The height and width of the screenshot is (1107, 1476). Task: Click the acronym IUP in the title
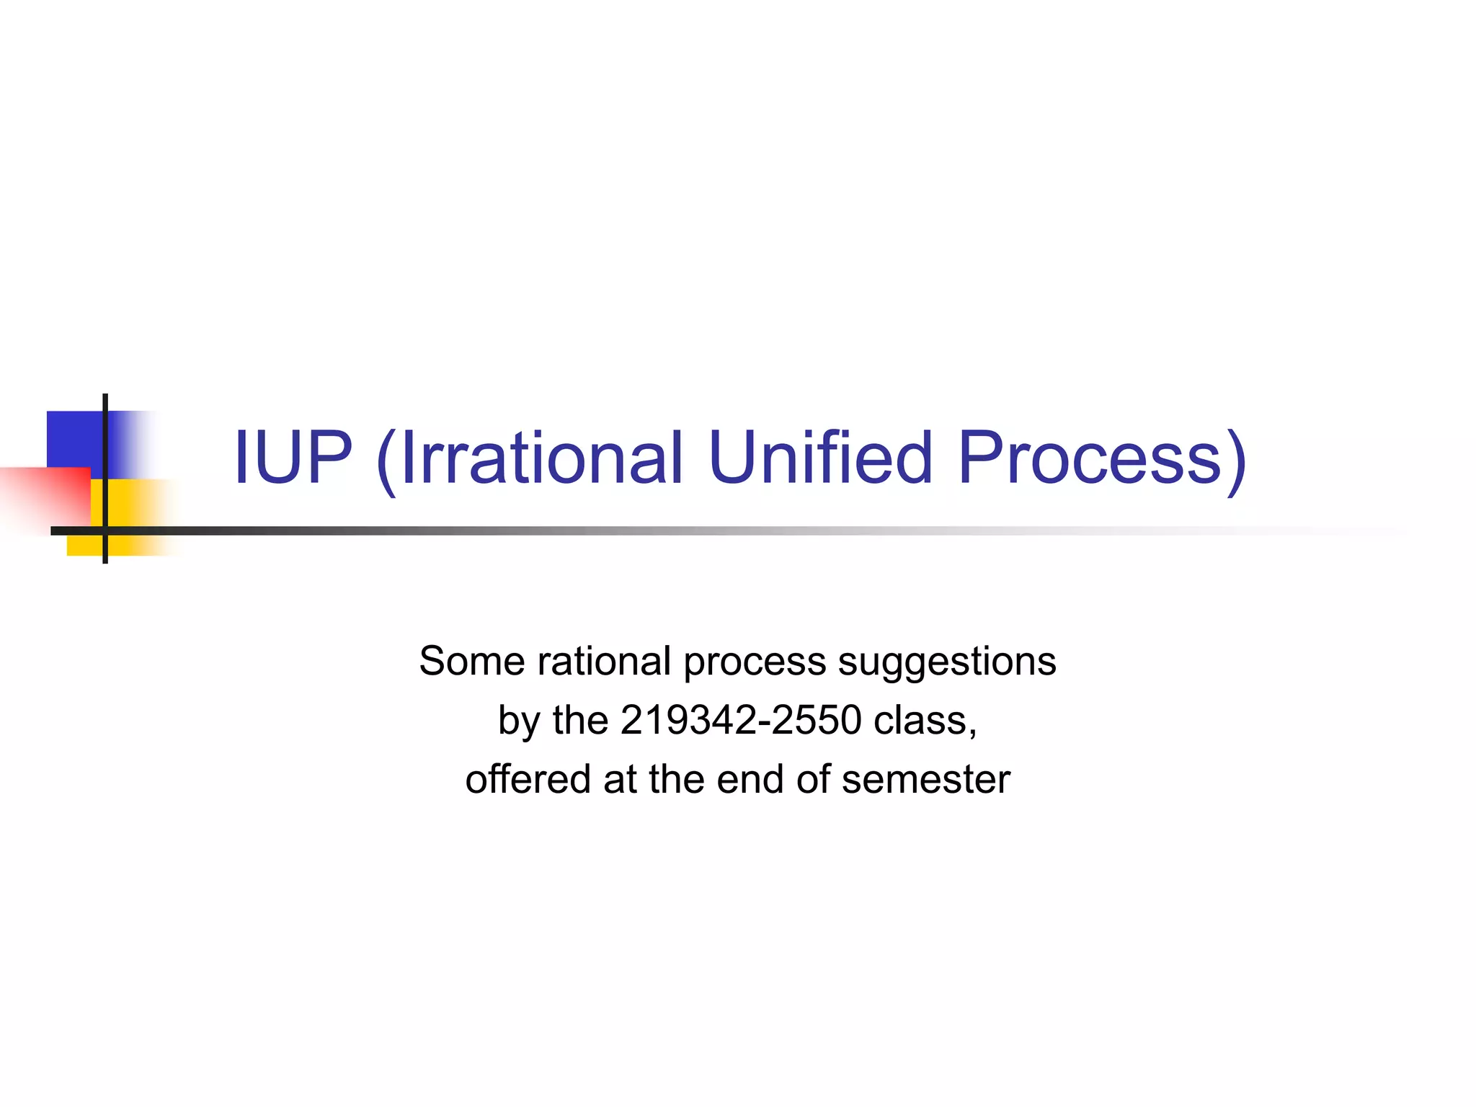293,458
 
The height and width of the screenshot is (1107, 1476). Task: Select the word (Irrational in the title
529,459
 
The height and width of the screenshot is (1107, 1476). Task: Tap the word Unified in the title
821,458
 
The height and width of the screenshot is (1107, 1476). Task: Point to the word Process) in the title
1101,459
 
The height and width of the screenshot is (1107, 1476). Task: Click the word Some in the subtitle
472,661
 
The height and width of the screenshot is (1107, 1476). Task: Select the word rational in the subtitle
605,661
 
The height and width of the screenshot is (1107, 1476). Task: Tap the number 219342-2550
740,720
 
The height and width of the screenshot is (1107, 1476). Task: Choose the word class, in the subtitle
925,720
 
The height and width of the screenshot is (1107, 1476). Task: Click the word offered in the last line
528,779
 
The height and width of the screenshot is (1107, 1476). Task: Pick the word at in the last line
619,779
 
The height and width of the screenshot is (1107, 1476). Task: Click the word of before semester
812,779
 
